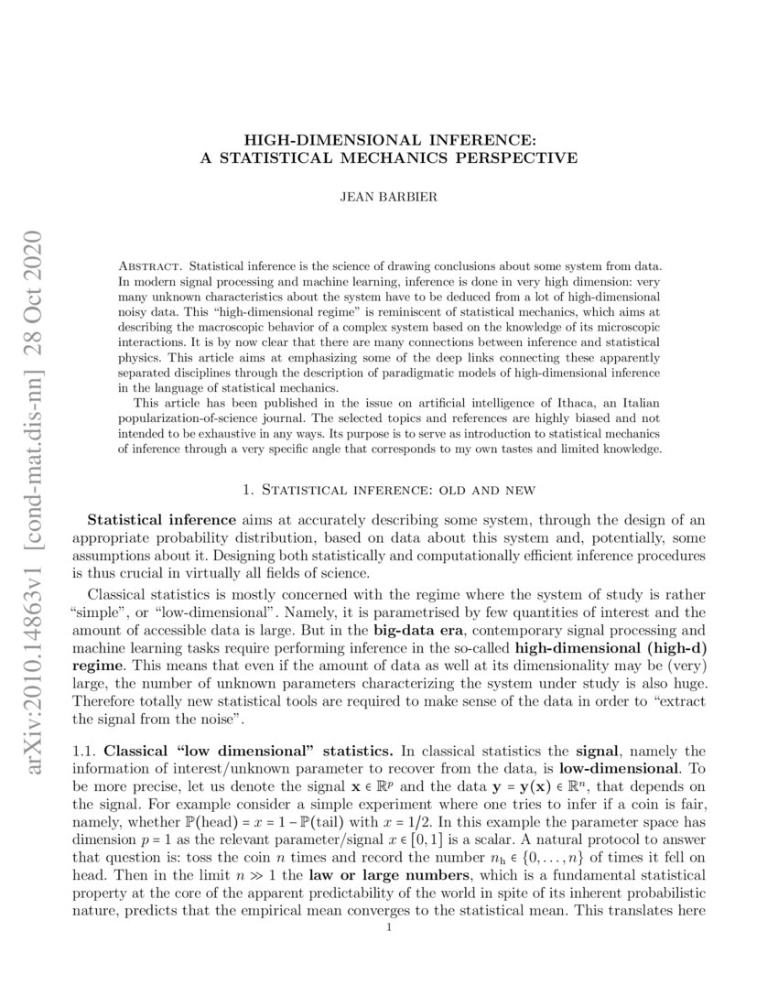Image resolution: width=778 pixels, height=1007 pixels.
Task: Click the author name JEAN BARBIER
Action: (x=388, y=195)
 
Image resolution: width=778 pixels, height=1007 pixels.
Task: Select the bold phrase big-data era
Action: (x=417, y=631)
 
